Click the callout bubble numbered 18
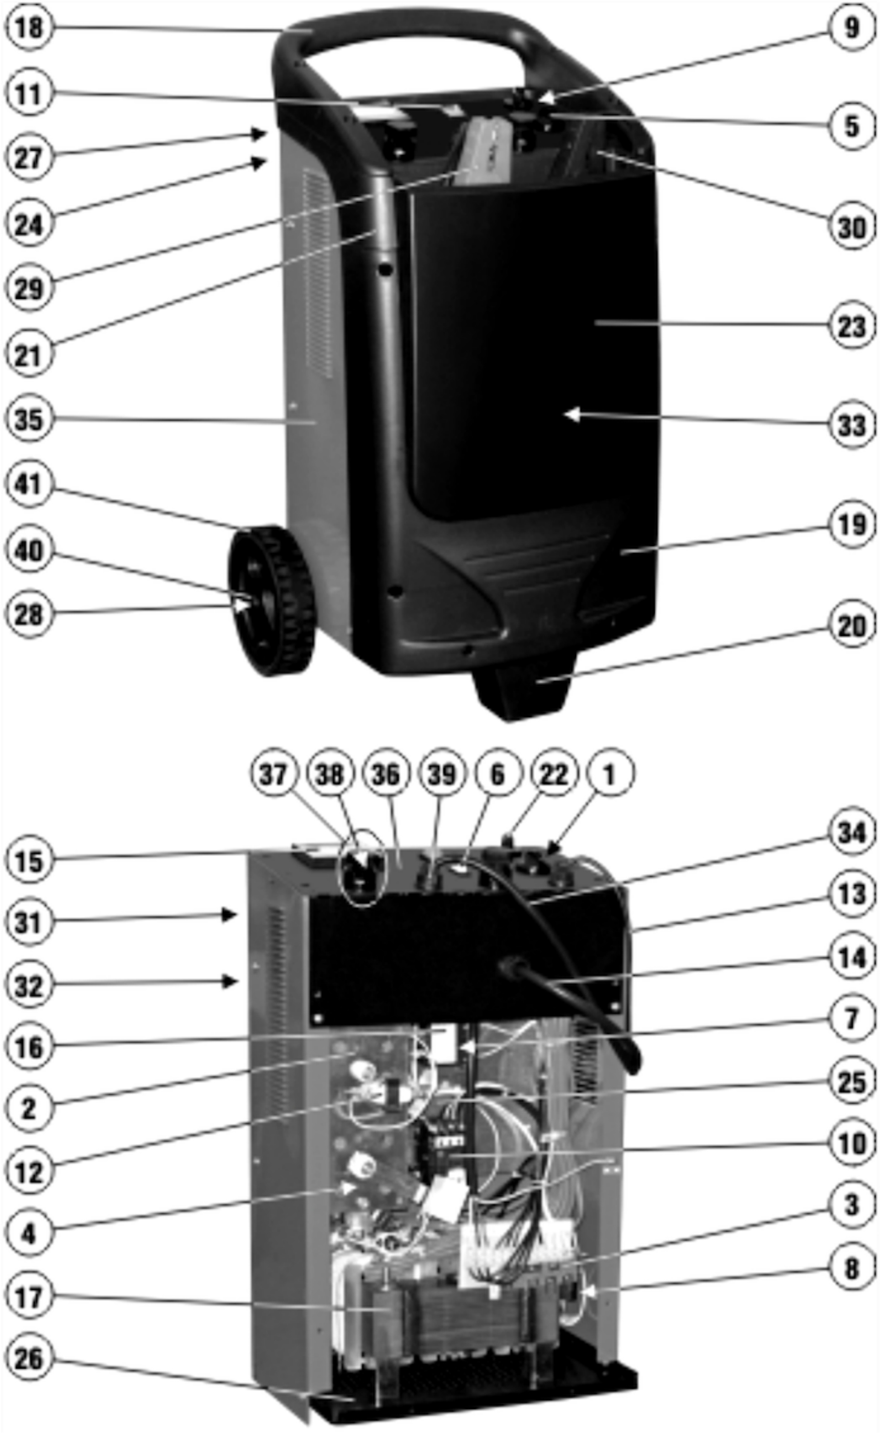pyautogui.click(x=29, y=27)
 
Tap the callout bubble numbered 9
pyautogui.click(x=851, y=27)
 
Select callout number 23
pyautogui.click(x=851, y=326)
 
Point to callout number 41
pyautogui.click(x=29, y=483)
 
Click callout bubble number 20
pyautogui.click(x=851, y=626)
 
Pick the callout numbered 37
pyautogui.click(x=274, y=774)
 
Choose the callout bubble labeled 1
pyautogui.click(x=609, y=774)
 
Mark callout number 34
pyautogui.click(x=851, y=833)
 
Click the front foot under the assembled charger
pyautogui.click(x=521, y=692)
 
